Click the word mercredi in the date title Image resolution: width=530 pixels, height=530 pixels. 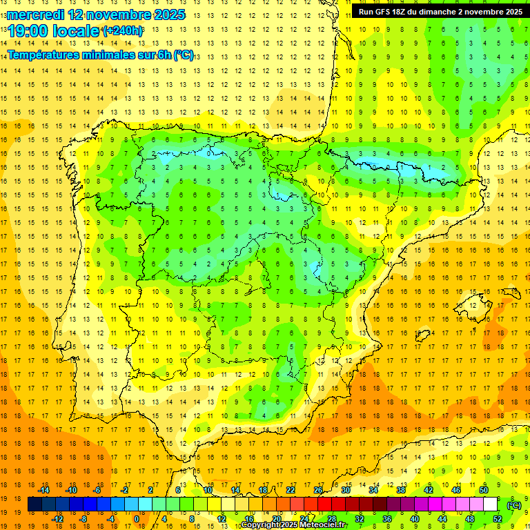tap(35, 14)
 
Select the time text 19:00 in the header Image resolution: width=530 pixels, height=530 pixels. tap(28, 31)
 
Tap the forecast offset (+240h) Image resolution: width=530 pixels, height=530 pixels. tap(124, 31)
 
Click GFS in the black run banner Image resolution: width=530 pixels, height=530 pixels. tap(384, 12)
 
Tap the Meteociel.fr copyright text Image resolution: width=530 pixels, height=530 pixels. tap(294, 525)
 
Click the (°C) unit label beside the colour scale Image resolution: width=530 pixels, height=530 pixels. tap(513, 505)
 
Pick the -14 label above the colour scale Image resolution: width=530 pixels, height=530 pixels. tap(43, 490)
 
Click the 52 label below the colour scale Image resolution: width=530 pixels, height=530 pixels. tap(498, 519)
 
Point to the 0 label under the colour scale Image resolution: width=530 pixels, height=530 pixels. tap(137, 519)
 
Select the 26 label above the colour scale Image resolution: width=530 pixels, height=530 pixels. tap(318, 490)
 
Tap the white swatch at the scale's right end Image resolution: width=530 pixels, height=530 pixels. tap(491, 504)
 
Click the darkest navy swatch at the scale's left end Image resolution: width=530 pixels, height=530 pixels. tap(35, 504)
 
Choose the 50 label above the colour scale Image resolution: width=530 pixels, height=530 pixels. tap(484, 490)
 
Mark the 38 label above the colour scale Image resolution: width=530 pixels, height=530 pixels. tap(401, 490)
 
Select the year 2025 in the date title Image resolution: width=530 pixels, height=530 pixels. tap(168, 14)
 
